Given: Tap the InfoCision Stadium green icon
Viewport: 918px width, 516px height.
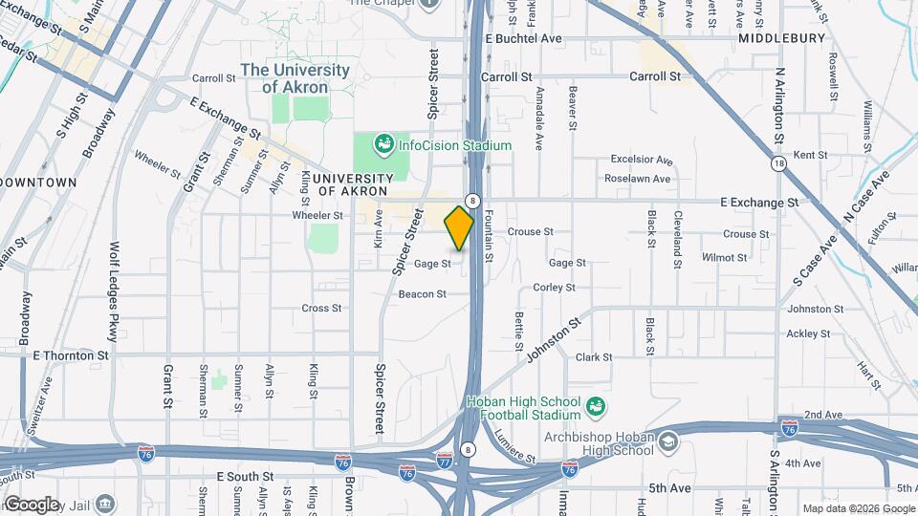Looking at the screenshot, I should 383,144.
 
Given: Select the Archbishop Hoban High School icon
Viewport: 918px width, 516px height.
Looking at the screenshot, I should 667,442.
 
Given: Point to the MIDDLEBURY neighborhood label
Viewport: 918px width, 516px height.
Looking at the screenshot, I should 781,38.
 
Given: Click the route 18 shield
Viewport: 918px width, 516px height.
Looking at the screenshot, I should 780,163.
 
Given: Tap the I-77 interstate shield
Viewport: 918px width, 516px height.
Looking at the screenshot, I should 445,461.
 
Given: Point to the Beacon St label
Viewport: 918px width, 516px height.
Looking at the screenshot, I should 423,294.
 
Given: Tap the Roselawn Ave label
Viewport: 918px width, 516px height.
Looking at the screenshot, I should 637,178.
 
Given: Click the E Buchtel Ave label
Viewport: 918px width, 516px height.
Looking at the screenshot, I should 523,39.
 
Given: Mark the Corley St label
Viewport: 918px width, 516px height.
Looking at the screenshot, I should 554,287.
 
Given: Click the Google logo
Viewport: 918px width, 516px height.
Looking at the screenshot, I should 31,504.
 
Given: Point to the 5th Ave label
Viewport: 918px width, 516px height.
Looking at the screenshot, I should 668,487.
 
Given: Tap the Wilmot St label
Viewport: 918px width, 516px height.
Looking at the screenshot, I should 724,257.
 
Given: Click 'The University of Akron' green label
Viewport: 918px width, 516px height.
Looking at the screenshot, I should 295,78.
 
